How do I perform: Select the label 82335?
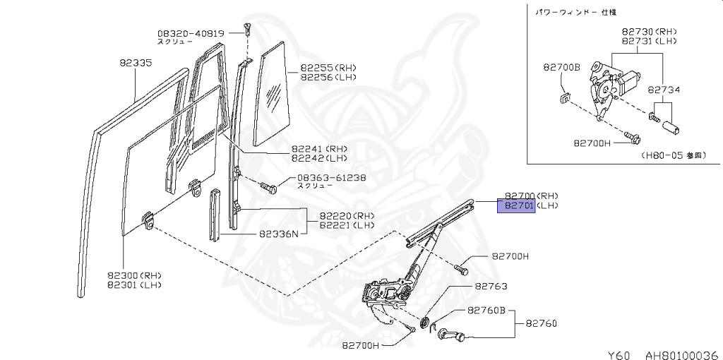(136, 63)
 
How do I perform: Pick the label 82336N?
(278, 234)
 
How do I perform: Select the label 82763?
(491, 287)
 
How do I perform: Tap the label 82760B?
(486, 310)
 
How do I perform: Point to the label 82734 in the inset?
(664, 90)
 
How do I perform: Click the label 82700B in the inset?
(561, 68)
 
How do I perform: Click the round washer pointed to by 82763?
(426, 323)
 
